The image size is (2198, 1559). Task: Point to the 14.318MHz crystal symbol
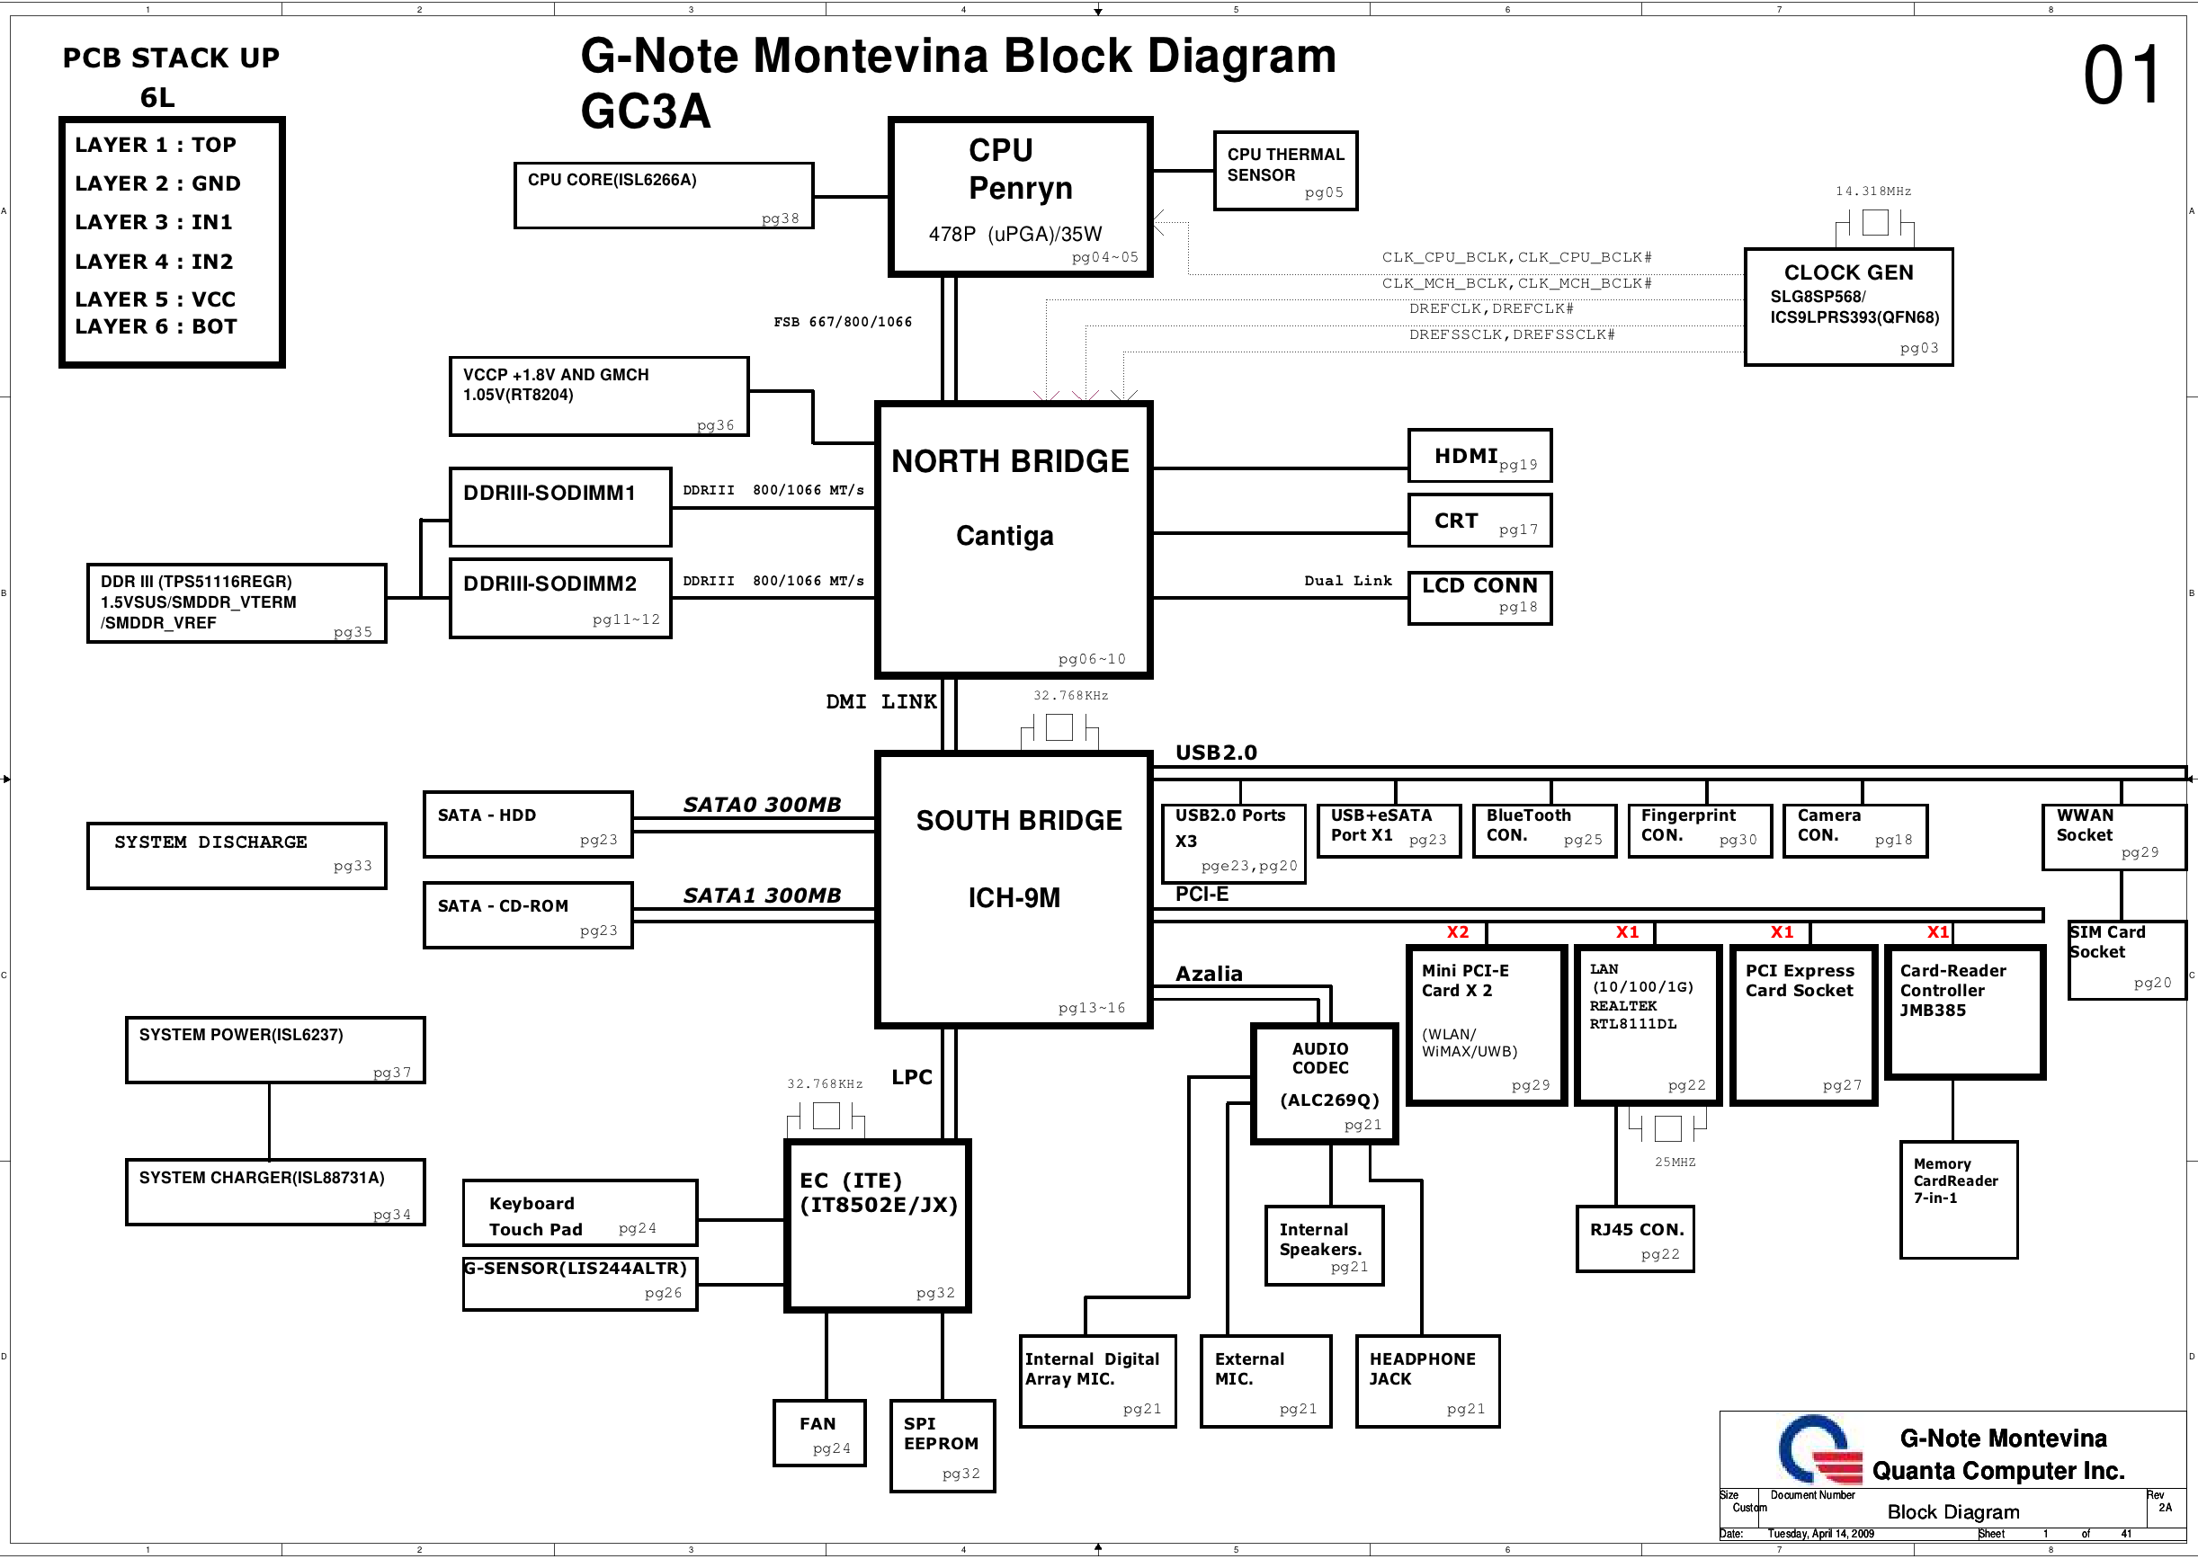[1874, 224]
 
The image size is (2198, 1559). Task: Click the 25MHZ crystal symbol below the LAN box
[1667, 1127]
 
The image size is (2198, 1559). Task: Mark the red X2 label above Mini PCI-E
[1457, 932]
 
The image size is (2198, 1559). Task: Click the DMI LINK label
[880, 702]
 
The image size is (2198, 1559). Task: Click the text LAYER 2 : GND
[157, 183]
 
